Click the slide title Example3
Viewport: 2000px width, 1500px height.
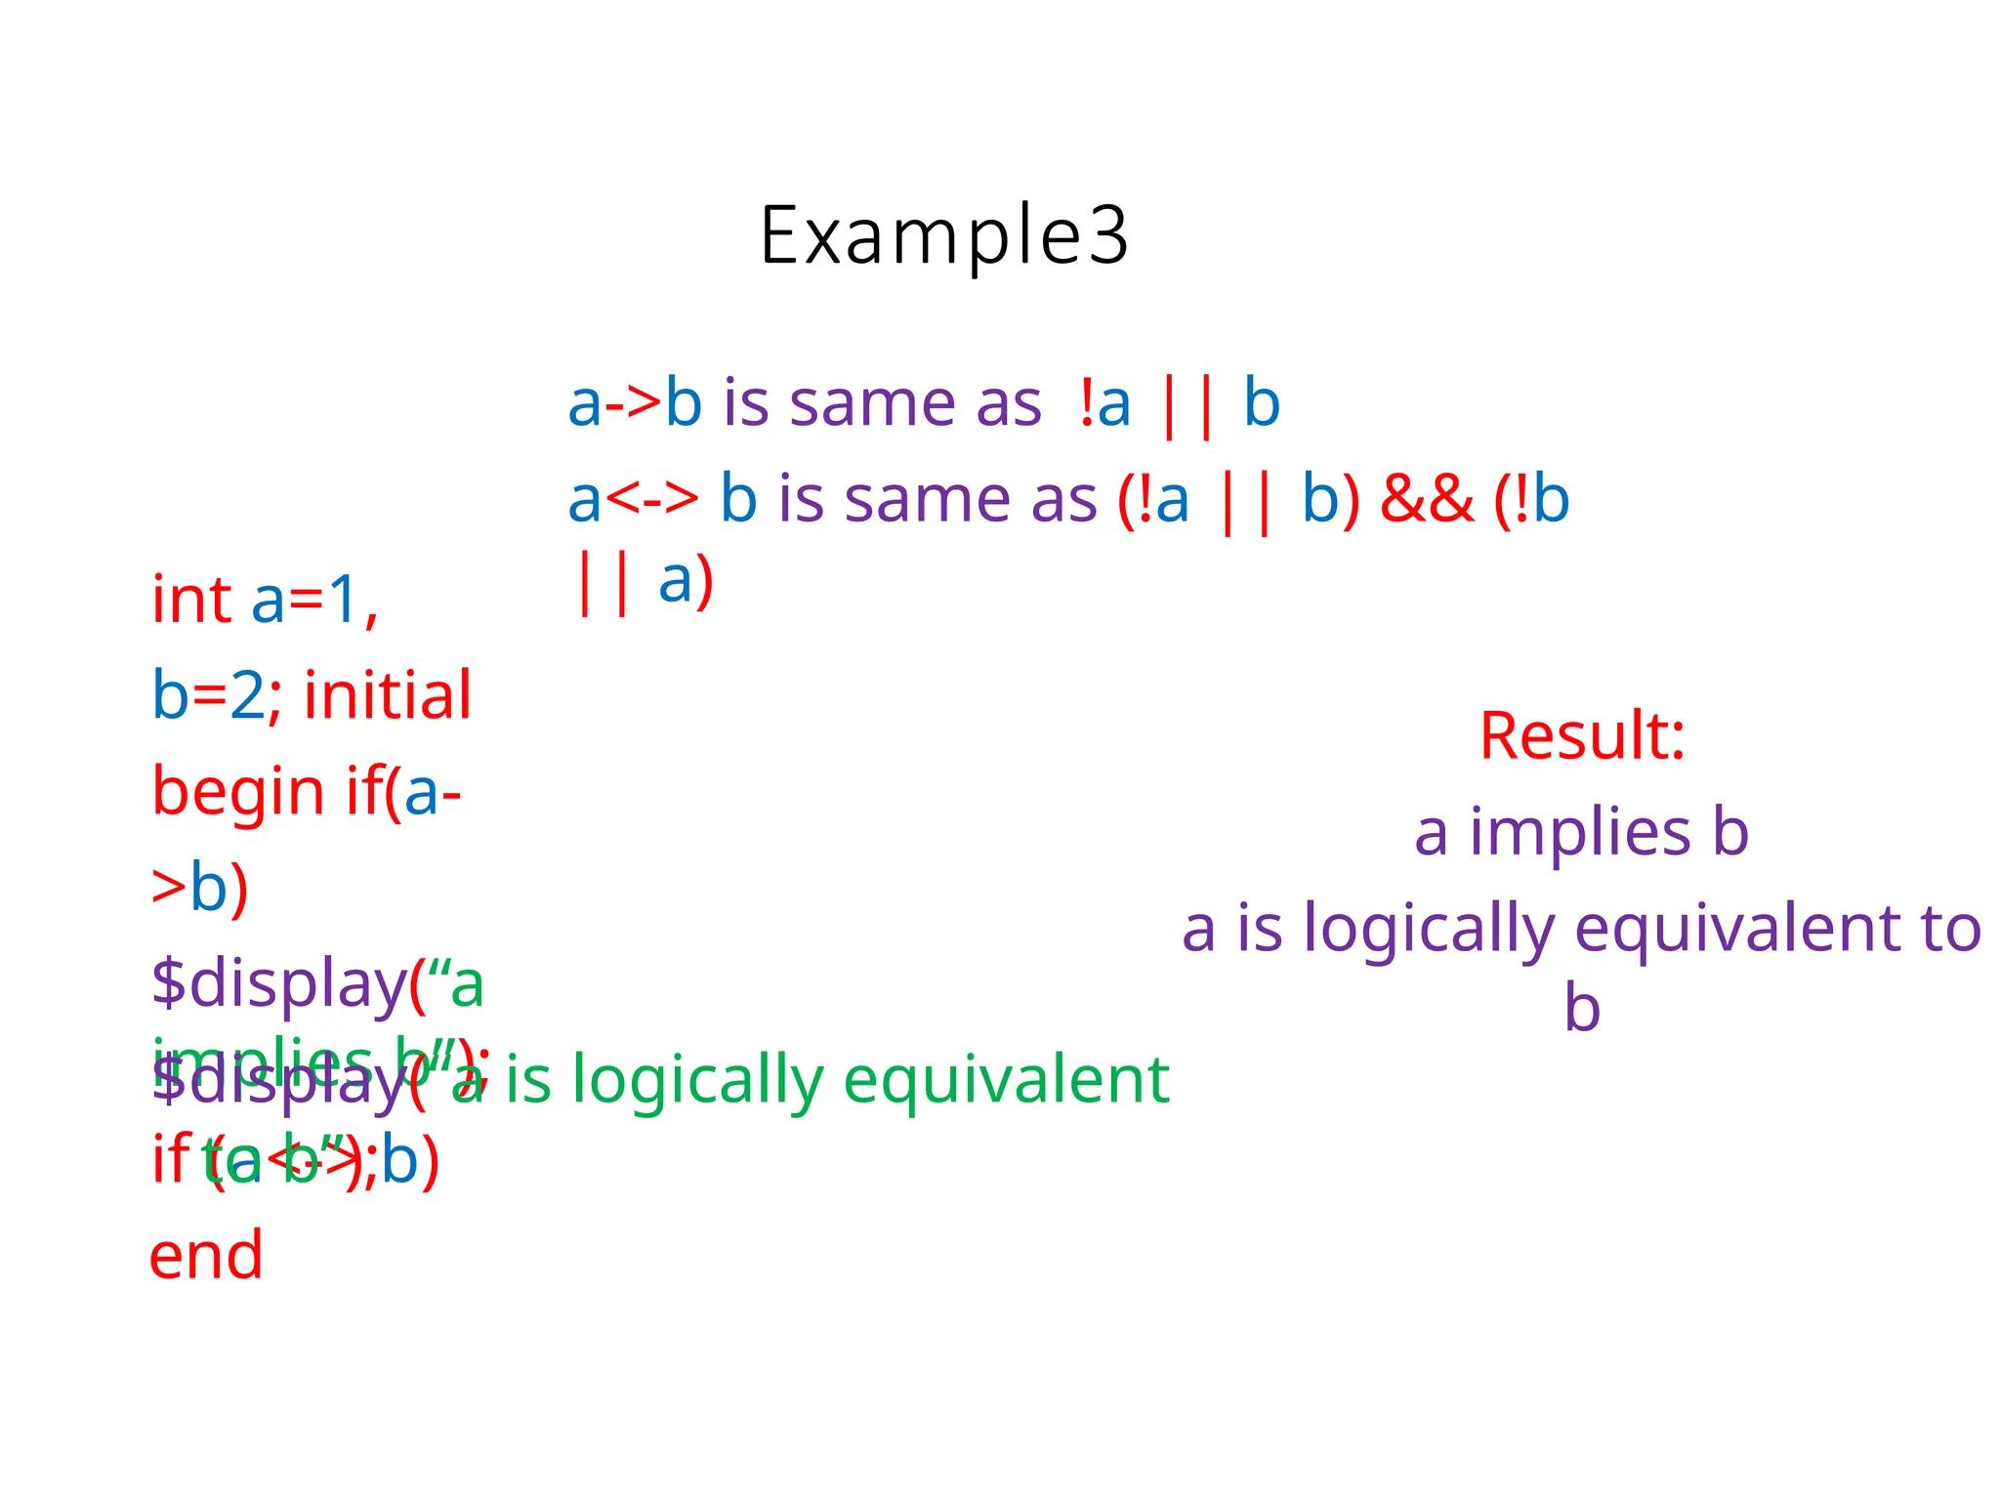944,235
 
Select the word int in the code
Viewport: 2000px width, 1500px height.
191,600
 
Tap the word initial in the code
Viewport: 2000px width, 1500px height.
388,696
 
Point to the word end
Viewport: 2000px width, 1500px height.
206,1255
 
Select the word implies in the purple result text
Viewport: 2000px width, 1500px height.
1580,832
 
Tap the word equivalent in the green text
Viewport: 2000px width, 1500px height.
1006,1080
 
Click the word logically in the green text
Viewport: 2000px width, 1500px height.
698,1082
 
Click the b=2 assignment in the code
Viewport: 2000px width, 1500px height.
207,696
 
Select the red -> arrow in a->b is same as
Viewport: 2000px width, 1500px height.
633,402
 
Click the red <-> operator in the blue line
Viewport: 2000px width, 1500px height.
652,499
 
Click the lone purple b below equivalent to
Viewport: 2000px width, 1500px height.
1582,1009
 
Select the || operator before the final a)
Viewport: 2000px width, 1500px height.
603,582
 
